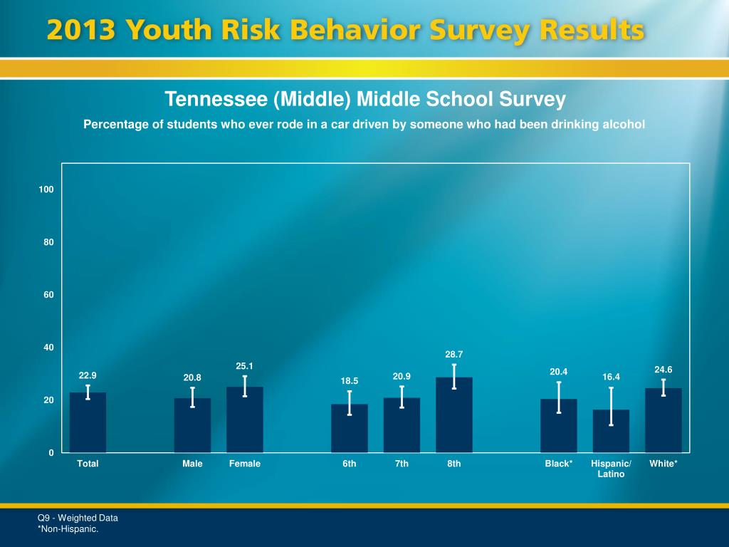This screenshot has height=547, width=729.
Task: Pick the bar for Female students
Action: tap(245, 420)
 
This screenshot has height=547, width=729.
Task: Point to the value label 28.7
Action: tap(454, 354)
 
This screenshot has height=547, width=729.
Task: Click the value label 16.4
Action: tap(611, 377)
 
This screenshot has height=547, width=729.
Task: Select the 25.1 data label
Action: tap(245, 366)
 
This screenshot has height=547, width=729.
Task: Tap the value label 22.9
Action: tap(88, 375)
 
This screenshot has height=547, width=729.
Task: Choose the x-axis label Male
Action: tap(192, 464)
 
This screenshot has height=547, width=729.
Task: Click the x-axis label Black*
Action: tap(559, 464)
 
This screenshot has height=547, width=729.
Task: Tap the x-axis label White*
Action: tap(664, 464)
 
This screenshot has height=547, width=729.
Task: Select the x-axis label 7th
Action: tap(402, 464)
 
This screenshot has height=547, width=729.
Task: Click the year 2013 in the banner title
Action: tap(81, 32)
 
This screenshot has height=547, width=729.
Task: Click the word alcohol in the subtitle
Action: tap(624, 125)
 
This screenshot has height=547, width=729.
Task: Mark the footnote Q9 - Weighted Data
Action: tap(78, 518)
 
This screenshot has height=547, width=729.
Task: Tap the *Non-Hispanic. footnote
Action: tap(68, 528)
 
